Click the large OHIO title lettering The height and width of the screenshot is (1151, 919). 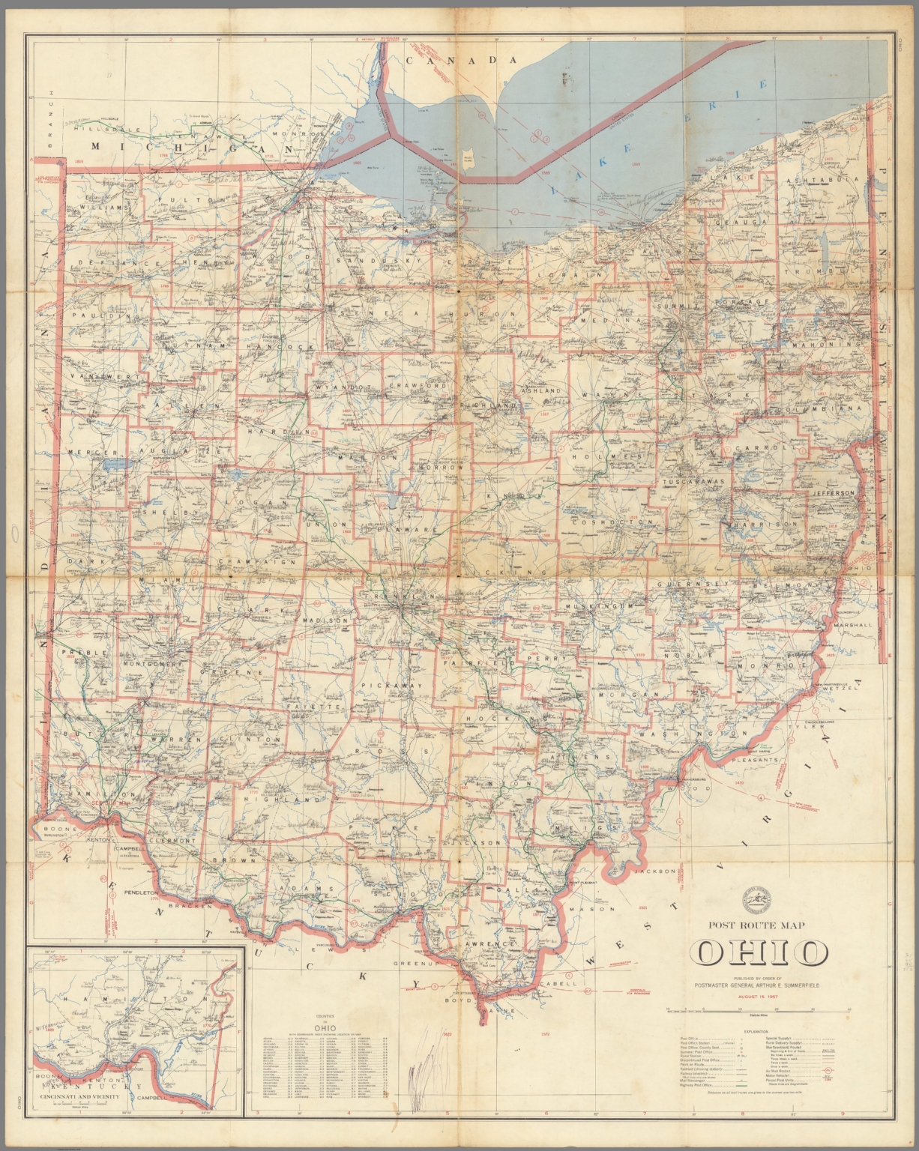[x=758, y=952]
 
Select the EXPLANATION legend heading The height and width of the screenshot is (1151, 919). [x=758, y=1031]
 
